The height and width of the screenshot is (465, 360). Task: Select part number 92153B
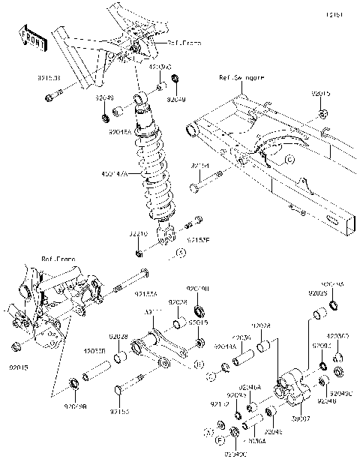[49, 76]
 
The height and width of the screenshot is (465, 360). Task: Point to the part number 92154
[200, 165]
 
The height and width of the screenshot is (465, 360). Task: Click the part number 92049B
[74, 407]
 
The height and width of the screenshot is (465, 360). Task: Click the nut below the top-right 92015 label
[322, 115]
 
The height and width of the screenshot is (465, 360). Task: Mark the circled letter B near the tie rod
[198, 364]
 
